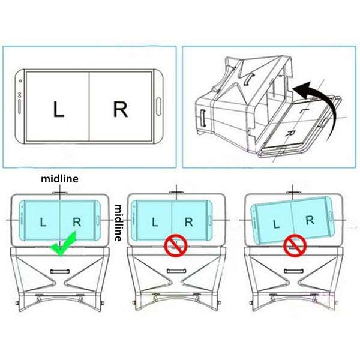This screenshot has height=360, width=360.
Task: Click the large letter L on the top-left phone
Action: [58, 110]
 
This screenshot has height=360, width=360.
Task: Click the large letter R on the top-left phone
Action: [121, 110]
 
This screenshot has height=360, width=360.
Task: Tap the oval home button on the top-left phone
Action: [158, 106]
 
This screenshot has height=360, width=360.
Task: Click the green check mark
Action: [64, 245]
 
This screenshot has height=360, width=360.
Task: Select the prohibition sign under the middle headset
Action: [176, 245]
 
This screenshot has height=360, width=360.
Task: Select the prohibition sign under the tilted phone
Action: [295, 245]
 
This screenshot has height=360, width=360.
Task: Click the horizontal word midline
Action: [59, 179]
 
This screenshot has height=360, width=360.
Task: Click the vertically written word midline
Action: [118, 223]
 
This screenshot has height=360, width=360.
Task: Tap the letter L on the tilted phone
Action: [277, 224]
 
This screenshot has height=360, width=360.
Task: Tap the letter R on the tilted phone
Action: [310, 220]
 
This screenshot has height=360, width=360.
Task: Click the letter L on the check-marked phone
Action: [43, 222]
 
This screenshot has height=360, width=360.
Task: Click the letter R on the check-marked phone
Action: [77, 222]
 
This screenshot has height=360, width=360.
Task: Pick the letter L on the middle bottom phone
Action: [155, 222]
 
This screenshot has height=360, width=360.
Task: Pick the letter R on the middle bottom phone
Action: [189, 222]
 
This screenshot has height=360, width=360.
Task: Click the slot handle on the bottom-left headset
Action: [60, 271]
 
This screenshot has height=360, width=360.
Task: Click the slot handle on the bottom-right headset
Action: [293, 271]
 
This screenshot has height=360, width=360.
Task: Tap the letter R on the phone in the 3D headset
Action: [291, 133]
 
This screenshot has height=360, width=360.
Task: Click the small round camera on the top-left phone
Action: [20, 81]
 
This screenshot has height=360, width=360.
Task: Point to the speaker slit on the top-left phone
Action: [20, 106]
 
